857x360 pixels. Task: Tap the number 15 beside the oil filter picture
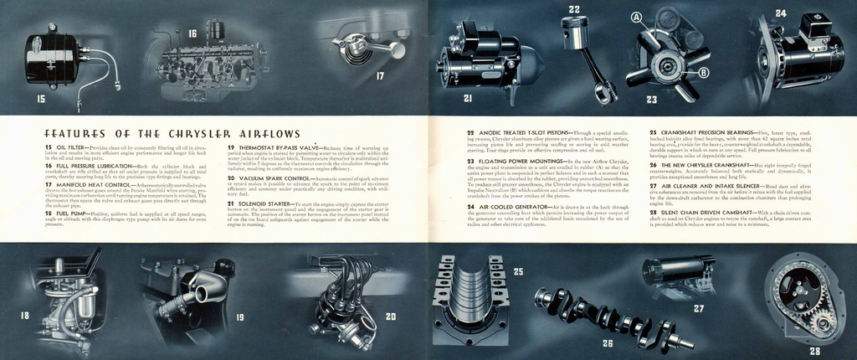point(41,98)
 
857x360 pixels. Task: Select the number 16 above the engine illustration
point(192,34)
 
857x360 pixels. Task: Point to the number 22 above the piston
point(574,10)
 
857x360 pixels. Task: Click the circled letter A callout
point(636,18)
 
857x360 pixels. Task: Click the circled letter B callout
point(703,73)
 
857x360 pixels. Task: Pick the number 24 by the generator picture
point(780,13)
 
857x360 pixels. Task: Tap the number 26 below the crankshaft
point(608,343)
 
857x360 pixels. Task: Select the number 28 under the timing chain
point(814,352)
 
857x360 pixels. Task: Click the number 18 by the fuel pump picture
point(24,316)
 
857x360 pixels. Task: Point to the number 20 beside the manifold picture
point(391,317)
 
